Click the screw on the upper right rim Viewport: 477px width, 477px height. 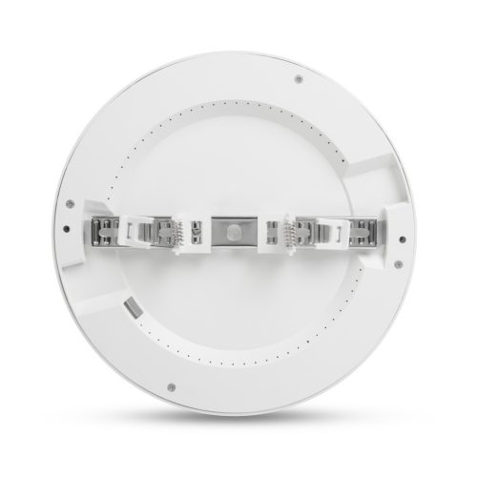click(300, 77)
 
